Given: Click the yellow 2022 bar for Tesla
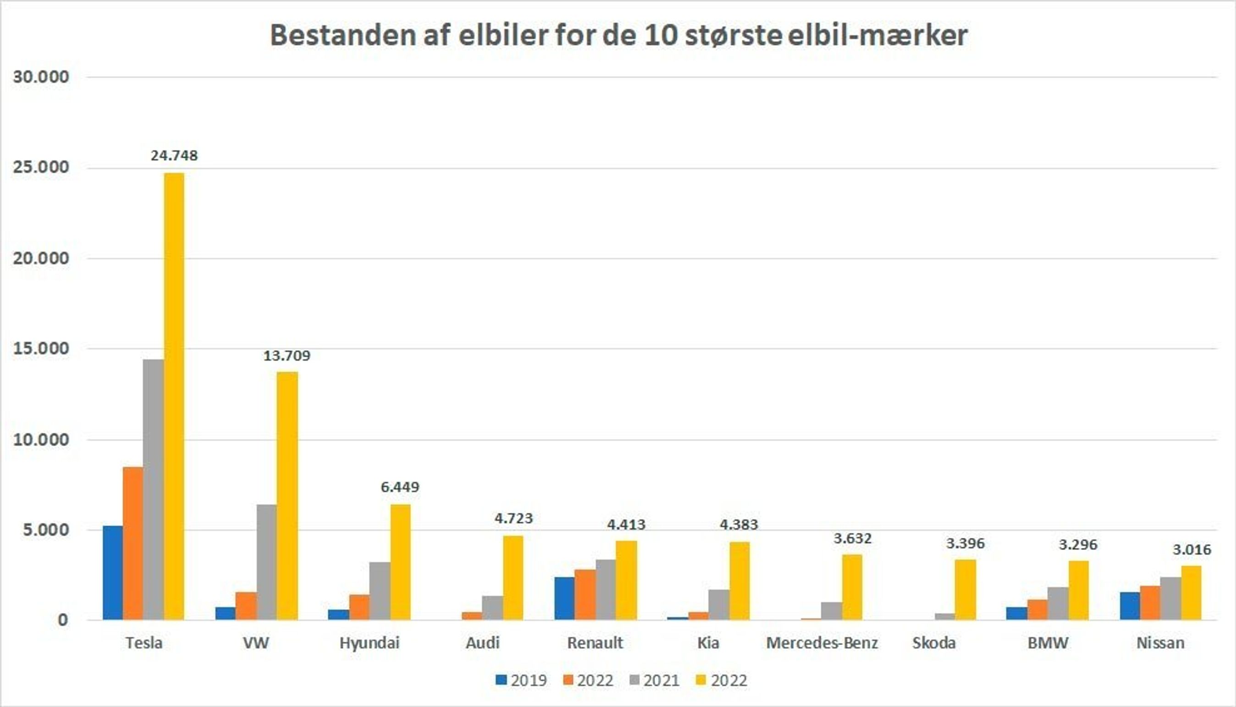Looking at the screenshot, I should pyautogui.click(x=174, y=396).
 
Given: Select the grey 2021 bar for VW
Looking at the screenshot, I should pyautogui.click(x=266, y=562).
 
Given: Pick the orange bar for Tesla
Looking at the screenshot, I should pyautogui.click(x=132, y=543).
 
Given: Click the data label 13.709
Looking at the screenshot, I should pyautogui.click(x=287, y=356).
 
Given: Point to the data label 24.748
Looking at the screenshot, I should pyautogui.click(x=174, y=156).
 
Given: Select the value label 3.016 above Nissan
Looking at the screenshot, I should pyautogui.click(x=1192, y=550).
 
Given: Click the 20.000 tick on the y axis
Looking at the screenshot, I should pyautogui.click(x=41, y=258).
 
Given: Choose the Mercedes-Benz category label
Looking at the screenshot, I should pyautogui.click(x=822, y=643).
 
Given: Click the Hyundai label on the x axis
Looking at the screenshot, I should pyautogui.click(x=370, y=643).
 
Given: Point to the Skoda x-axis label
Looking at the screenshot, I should pyautogui.click(x=933, y=643).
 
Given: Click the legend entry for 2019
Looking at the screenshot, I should pyautogui.click(x=521, y=680).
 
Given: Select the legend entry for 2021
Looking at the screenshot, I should pyautogui.click(x=654, y=680).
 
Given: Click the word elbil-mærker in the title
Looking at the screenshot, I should pyautogui.click(x=877, y=35).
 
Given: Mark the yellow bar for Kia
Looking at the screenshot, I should pyautogui.click(x=739, y=581).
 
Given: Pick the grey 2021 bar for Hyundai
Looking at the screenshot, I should pyautogui.click(x=380, y=591).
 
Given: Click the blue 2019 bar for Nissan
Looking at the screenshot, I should pyautogui.click(x=1130, y=606).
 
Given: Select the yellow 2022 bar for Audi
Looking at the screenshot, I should pyautogui.click(x=513, y=577).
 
